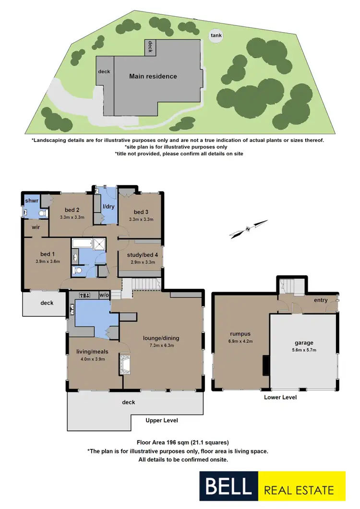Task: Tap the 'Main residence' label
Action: [x=153, y=76]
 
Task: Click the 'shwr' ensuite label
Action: [x=32, y=201]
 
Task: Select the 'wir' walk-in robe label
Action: [x=36, y=227]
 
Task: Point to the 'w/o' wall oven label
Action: [x=104, y=295]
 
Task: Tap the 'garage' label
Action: [x=304, y=343]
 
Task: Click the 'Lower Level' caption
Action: [x=280, y=398]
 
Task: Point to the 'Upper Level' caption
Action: [x=162, y=420]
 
